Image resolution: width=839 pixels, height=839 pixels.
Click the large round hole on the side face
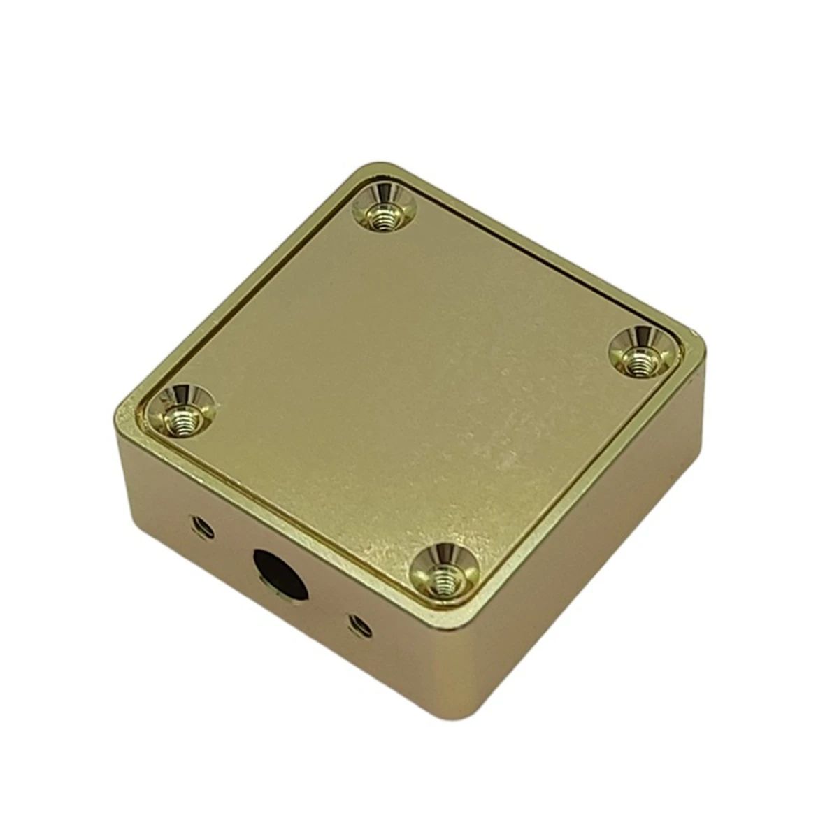[278, 572]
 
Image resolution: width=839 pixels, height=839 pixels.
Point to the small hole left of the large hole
[203, 526]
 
